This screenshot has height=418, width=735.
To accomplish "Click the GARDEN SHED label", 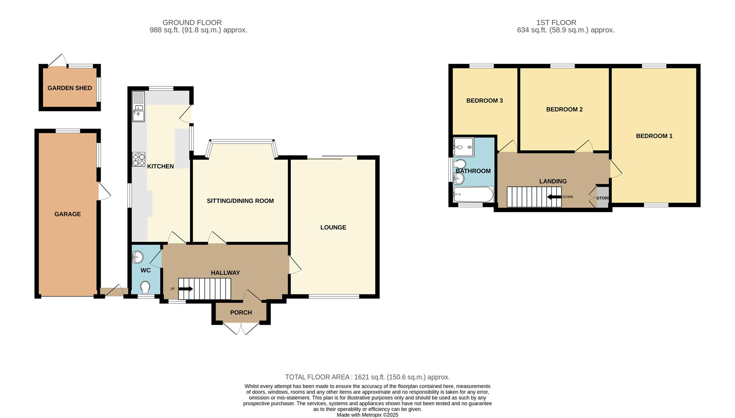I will pyautogui.click(x=70, y=88).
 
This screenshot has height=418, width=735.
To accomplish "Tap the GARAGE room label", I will pyautogui.click(x=67, y=214).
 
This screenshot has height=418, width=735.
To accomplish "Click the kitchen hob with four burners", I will pyautogui.click(x=139, y=159).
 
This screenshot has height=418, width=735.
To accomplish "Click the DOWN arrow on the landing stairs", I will pyautogui.click(x=554, y=197).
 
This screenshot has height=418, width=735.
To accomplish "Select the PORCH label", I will pyautogui.click(x=241, y=312).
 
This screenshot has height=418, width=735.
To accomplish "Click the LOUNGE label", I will pyautogui.click(x=333, y=227).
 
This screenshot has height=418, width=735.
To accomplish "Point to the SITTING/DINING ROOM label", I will pyautogui.click(x=240, y=201).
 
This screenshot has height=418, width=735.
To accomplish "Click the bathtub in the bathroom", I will pyautogui.click(x=473, y=194).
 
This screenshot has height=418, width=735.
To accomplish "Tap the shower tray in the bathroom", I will pyautogui.click(x=464, y=147).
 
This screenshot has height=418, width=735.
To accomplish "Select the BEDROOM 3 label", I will pyautogui.click(x=484, y=101).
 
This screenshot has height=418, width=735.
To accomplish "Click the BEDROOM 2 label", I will pyautogui.click(x=564, y=109).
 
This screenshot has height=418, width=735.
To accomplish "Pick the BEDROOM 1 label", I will pyautogui.click(x=654, y=136).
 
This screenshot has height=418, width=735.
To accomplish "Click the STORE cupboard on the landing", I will pyautogui.click(x=603, y=198).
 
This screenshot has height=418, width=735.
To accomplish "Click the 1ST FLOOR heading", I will pyautogui.click(x=556, y=22).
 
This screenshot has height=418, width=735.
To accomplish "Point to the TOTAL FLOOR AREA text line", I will pyautogui.click(x=367, y=377).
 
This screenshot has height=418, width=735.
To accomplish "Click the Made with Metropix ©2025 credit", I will pyautogui.click(x=367, y=415).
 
